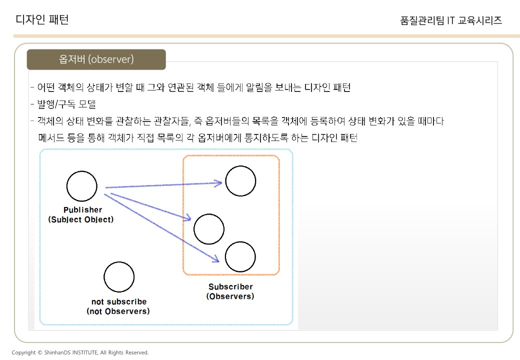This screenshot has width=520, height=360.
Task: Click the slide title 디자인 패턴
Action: [x=42, y=19]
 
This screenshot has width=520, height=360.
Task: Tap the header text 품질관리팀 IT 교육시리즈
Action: [x=451, y=20]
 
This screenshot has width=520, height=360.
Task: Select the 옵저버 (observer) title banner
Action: [x=96, y=59]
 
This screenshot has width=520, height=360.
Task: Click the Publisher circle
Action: [x=81, y=186]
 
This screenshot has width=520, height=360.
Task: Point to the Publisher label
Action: [x=82, y=210]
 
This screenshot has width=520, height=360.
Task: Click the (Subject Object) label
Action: [x=81, y=219]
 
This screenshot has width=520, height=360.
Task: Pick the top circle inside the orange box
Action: [x=240, y=180]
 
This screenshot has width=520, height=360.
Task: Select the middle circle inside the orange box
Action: [x=209, y=229]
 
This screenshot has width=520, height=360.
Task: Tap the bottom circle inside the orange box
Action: [x=240, y=256]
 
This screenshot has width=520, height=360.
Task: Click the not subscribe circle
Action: [x=119, y=276]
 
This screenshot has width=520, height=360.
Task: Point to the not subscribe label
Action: [x=119, y=301]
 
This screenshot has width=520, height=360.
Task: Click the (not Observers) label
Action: [x=118, y=311]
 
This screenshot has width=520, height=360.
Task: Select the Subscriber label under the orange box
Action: [x=230, y=287]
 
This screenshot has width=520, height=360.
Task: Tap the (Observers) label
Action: [x=230, y=296]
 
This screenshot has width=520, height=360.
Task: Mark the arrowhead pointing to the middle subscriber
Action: [x=188, y=218]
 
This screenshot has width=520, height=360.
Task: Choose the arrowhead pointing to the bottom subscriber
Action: [x=216, y=259]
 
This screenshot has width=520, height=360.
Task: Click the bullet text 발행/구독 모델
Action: [x=66, y=104]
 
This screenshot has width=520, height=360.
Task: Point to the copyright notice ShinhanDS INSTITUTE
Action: [x=80, y=352]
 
